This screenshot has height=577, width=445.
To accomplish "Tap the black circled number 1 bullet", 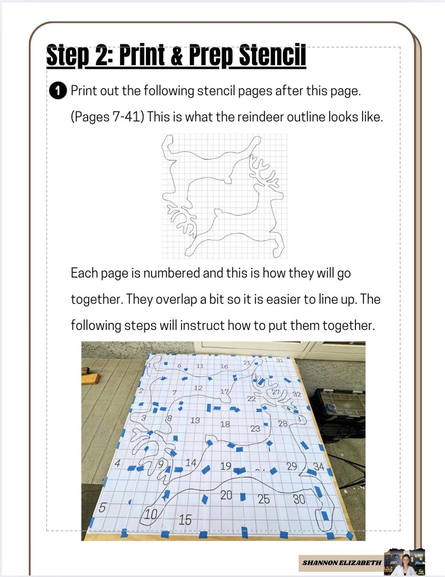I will click(58, 91).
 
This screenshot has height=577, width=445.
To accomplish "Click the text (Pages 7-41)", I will click(107, 117).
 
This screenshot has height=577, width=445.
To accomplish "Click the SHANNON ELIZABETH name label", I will click(342, 562).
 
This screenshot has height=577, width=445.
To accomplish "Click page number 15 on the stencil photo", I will click(185, 520).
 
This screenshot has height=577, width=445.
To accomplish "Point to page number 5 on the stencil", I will click(103, 507).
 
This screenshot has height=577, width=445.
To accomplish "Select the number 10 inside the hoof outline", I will click(151, 514).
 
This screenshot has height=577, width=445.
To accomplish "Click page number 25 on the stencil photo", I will click(264, 499).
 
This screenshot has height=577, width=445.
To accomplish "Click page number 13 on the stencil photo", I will click(195, 420).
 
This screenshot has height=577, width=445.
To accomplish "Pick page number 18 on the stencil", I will click(225, 424).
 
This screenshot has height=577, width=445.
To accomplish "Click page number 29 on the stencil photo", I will click(292, 466).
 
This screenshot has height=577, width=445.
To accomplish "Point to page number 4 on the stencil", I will click(117, 463).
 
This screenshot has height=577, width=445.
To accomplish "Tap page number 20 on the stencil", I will click(226, 495).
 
